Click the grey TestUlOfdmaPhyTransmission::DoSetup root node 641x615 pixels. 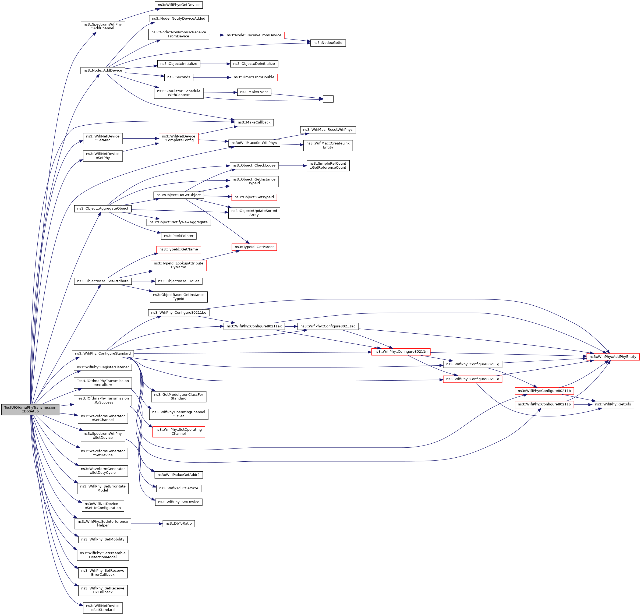[x=30, y=409]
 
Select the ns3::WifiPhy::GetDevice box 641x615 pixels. [x=179, y=5]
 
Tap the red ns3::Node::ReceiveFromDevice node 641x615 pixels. [x=254, y=35]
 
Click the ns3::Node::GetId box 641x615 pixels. [x=328, y=43]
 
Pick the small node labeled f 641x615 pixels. [x=328, y=99]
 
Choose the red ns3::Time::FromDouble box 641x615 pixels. [x=254, y=77]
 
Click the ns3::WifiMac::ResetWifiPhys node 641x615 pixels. [x=328, y=130]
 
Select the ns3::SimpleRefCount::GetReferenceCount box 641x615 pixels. [x=328, y=165]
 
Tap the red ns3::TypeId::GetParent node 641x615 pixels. [x=254, y=247]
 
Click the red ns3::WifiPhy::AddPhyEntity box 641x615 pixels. [x=612, y=356]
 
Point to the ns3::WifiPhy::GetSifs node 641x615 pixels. [x=612, y=404]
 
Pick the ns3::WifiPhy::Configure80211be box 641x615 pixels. [x=179, y=313]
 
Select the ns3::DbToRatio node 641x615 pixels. [x=179, y=524]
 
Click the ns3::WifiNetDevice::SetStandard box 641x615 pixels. [x=103, y=608]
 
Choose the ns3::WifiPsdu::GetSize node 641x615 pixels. [x=179, y=488]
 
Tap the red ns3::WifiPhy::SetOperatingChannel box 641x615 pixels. [x=179, y=432]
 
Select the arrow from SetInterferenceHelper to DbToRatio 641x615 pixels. [x=147, y=524]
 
